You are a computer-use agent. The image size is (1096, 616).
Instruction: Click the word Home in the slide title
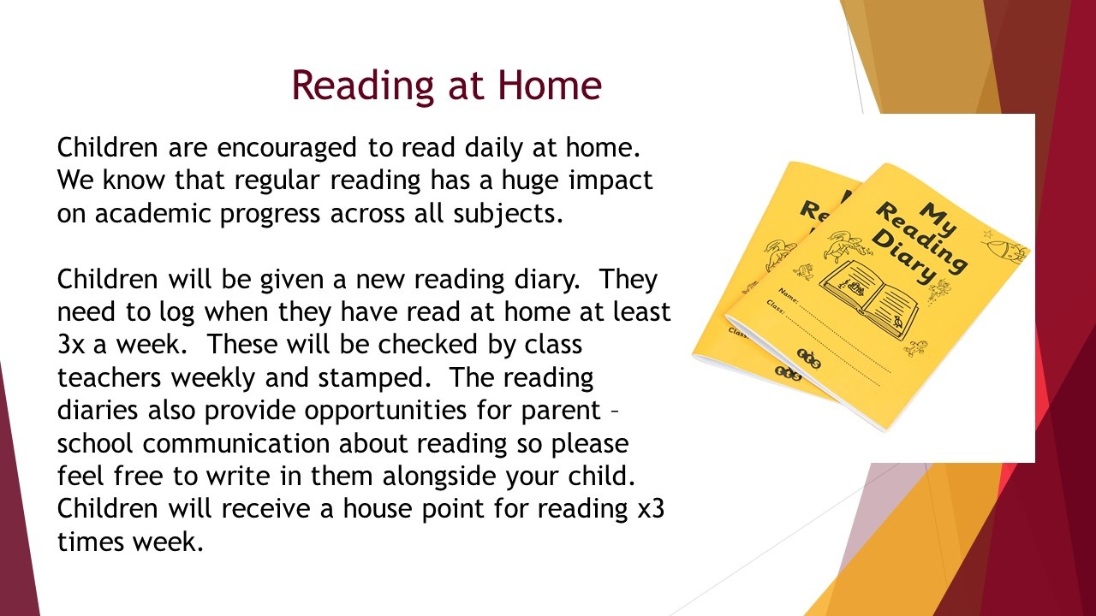[550, 85]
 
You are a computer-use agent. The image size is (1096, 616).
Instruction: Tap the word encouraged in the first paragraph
[287, 148]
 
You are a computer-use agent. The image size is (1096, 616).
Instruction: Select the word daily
[493, 148]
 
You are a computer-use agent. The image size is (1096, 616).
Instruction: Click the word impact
[611, 181]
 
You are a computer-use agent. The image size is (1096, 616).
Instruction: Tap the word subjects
[508, 214]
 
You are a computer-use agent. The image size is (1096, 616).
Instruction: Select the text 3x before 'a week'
[71, 345]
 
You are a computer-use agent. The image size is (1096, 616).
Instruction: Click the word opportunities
[385, 412]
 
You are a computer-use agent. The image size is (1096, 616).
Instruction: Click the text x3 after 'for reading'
[652, 509]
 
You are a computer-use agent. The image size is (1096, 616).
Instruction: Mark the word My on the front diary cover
[938, 219]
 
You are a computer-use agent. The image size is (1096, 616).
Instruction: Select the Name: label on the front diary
[789, 296]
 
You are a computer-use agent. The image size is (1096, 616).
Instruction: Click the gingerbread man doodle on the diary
[915, 348]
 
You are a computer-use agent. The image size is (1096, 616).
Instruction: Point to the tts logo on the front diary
[809, 358]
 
